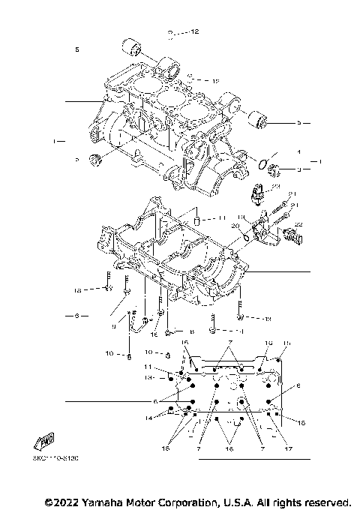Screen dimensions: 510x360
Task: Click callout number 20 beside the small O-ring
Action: click(x=234, y=225)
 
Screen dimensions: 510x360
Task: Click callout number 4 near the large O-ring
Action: click(x=298, y=151)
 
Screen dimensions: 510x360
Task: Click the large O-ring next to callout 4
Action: click(x=265, y=163)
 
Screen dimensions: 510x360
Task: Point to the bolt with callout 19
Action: click(x=239, y=307)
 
